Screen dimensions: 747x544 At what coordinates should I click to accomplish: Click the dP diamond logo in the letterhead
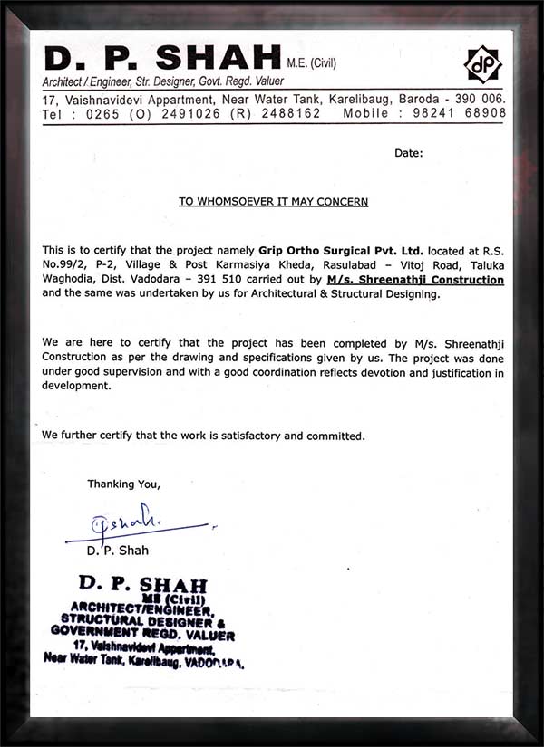pyautogui.click(x=482, y=64)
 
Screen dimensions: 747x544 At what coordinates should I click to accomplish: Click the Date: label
pyautogui.click(x=408, y=153)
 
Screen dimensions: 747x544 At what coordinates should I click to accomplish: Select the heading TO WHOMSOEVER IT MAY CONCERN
pyautogui.click(x=273, y=202)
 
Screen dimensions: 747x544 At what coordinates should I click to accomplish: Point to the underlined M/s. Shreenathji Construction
pyautogui.click(x=415, y=280)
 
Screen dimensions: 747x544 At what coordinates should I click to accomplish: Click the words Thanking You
pyautogui.click(x=123, y=484)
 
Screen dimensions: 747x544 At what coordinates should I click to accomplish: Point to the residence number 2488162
pyautogui.click(x=290, y=114)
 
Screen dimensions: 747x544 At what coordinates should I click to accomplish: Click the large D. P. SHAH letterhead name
pyautogui.click(x=161, y=60)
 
